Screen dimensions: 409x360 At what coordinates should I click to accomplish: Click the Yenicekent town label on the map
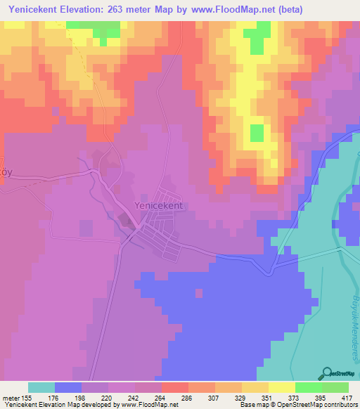pos(158,205)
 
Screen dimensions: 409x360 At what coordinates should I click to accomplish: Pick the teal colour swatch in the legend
pos(41,387)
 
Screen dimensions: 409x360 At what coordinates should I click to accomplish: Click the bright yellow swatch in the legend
pos(281,387)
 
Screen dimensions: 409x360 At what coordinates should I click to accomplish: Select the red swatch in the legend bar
pos(174,387)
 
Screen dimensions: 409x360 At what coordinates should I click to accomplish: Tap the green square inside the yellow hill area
pos(257,133)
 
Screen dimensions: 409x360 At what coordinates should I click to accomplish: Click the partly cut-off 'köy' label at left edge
pos(6,173)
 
